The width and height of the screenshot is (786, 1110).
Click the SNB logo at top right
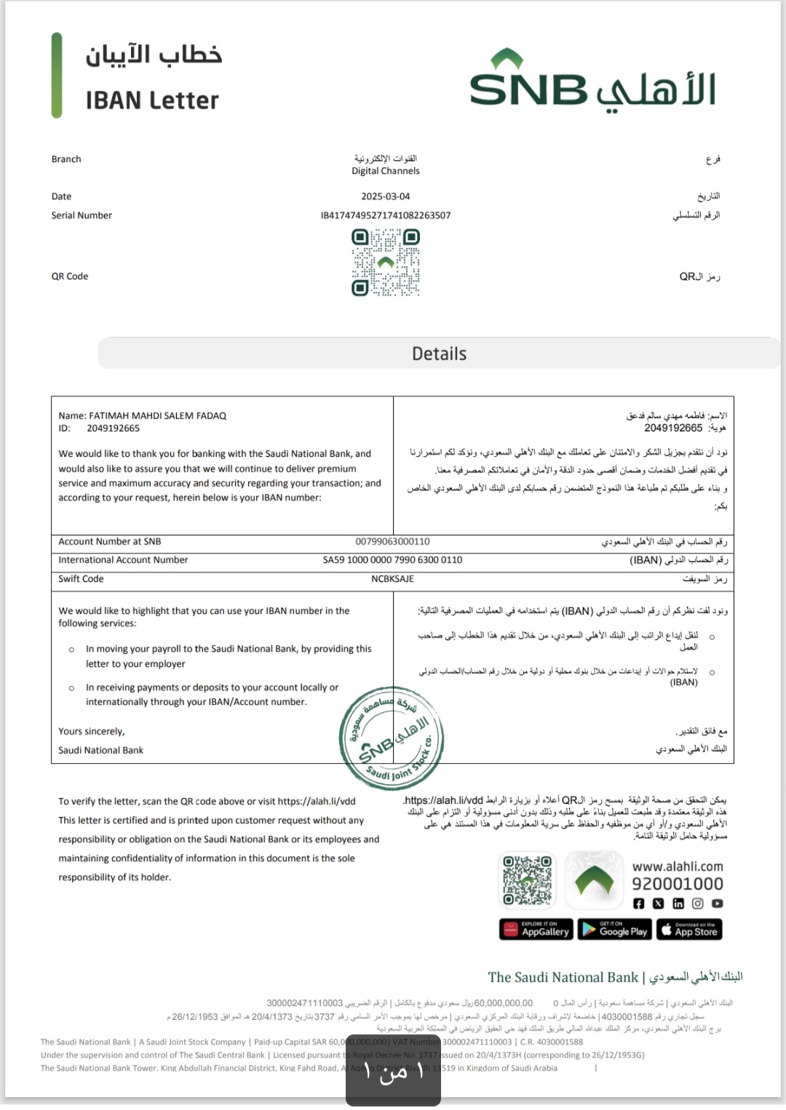coord(592,81)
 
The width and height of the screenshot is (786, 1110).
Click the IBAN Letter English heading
coord(152,100)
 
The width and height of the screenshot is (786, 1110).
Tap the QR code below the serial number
coord(386,263)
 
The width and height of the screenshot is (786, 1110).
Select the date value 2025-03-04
coord(386,196)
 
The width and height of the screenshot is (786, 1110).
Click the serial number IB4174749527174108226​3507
coord(386,215)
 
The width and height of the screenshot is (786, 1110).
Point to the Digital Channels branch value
coord(386,171)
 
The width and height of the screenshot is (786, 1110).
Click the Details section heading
coord(439,354)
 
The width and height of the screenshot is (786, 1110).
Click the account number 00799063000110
coord(392,542)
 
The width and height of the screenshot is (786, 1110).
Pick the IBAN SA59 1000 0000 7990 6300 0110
coord(392,560)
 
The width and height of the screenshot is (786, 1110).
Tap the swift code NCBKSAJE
coord(392,579)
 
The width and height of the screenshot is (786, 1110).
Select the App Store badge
coord(689,930)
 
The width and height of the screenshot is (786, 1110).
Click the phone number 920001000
coord(677,884)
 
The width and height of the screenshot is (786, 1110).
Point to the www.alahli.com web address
coord(678,866)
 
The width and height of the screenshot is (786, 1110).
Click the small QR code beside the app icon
coord(528,880)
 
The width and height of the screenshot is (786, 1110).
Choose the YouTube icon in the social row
coord(718,903)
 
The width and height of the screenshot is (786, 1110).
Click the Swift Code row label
coord(81,579)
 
